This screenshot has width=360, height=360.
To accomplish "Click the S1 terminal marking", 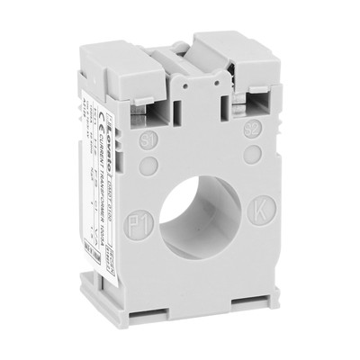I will point(150,140).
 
